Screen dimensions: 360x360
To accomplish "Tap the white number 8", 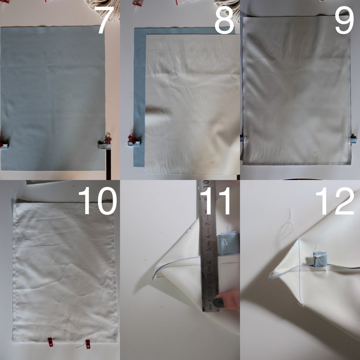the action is [x=224, y=20].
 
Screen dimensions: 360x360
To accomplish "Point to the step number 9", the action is [x=344, y=20].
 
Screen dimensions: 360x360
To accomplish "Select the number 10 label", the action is [x=98, y=201].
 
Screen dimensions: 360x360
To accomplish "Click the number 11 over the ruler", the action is [x=215, y=201].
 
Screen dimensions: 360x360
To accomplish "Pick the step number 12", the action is [x=335, y=201].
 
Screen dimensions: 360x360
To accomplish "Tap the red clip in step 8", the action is [x=132, y=139].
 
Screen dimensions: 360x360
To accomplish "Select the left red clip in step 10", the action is [x=50, y=342].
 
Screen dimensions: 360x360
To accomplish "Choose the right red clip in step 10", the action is [x=88, y=344].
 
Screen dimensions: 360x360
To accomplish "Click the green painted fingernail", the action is [x=218, y=303].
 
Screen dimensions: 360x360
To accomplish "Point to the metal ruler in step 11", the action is [x=208, y=246].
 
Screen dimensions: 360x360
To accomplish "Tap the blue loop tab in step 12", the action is [x=320, y=259].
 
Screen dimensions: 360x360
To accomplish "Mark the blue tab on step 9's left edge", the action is [x=242, y=138].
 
